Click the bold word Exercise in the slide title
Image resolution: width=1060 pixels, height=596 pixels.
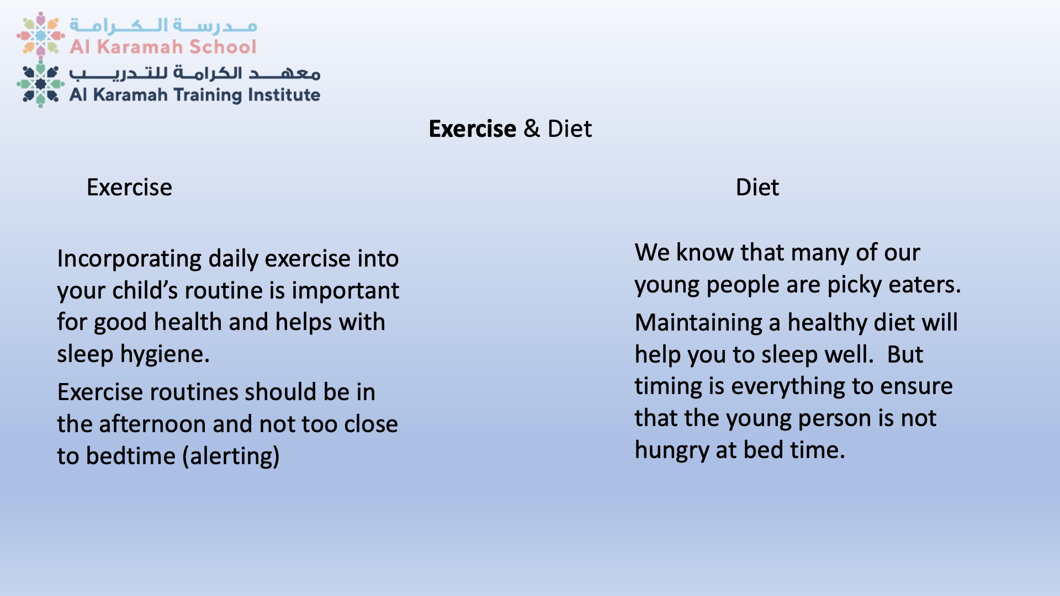472,129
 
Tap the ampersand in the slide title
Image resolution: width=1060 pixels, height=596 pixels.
532,129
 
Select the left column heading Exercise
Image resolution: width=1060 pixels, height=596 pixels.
129,188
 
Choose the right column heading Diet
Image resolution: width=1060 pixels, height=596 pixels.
757,188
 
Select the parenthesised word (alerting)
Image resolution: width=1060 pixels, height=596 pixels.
231,456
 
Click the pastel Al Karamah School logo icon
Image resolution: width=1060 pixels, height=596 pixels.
40,34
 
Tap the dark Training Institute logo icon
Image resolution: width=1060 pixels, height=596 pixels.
40,84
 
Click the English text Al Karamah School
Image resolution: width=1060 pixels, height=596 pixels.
163,47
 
